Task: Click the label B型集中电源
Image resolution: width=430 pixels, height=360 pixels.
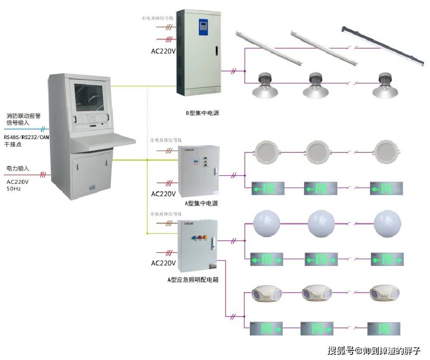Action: click(202, 113)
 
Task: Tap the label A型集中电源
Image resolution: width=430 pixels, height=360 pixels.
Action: click(201, 203)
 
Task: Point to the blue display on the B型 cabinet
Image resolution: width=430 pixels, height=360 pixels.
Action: click(203, 26)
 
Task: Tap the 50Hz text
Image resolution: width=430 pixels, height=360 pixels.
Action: click(14, 189)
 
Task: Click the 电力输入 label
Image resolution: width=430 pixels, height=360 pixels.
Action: click(18, 168)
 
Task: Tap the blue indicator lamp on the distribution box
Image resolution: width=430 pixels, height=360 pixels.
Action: click(194, 239)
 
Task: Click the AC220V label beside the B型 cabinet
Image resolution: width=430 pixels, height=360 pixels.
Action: click(163, 51)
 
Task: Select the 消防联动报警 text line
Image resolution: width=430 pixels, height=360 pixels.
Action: click(24, 116)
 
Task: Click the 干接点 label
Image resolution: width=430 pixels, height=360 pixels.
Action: click(13, 144)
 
